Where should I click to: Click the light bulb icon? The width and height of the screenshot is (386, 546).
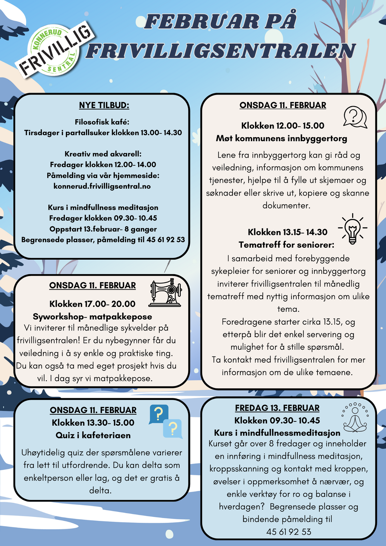[353, 229]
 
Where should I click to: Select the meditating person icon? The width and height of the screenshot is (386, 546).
[355, 418]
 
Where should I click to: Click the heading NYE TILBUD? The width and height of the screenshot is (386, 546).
[104, 105]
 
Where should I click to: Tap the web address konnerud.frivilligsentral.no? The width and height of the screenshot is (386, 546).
[102, 186]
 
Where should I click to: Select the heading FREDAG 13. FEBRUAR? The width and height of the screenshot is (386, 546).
[277, 408]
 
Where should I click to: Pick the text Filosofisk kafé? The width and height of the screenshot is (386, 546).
[102, 122]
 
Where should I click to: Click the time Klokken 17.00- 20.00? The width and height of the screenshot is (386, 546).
[92, 304]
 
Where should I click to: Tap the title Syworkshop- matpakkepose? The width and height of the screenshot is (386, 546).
[92, 317]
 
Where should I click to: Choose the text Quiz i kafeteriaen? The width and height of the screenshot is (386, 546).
[93, 435]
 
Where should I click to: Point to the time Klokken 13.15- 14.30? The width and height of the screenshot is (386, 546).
[287, 232]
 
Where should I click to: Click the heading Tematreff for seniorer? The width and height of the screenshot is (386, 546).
[286, 245]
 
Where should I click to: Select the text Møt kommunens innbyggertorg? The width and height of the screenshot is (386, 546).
[281, 138]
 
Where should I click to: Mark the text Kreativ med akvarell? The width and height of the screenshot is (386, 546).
[103, 154]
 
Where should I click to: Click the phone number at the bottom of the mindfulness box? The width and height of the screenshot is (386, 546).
[289, 532]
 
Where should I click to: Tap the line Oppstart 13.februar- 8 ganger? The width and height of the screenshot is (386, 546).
[103, 229]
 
